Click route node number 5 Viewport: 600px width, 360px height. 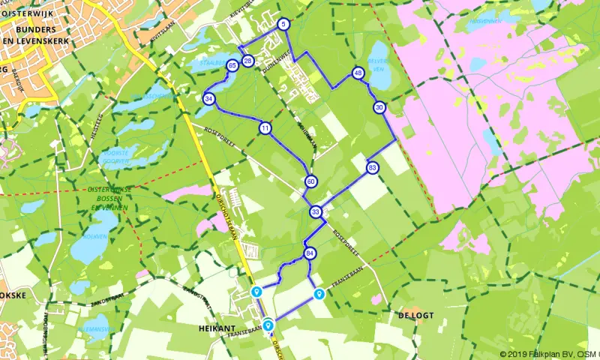click(283, 24)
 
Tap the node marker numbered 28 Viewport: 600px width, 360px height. click(248, 61)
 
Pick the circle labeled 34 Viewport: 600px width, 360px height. click(208, 98)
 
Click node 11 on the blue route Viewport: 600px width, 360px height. click(265, 128)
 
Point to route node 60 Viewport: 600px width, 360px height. click(310, 181)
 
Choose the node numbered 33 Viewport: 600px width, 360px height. click(316, 212)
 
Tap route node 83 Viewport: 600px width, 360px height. click(373, 168)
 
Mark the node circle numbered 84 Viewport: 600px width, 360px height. click(310, 255)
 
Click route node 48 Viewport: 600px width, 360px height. click(358, 73)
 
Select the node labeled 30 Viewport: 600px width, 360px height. click(379, 107)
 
